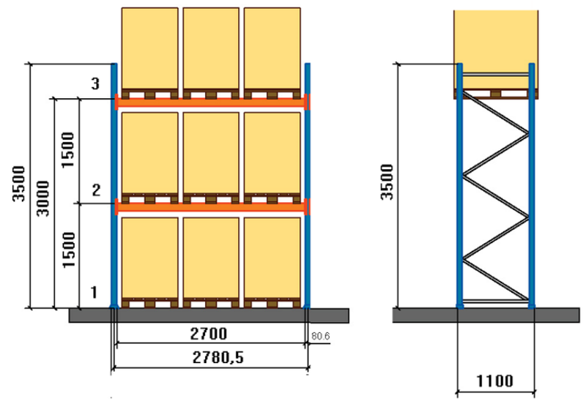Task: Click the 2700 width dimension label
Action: pos(209,333)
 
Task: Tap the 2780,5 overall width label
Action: pos(218,357)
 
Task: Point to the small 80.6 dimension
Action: pos(321,336)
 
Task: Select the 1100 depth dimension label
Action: pos(494,381)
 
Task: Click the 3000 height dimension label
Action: pos(42,198)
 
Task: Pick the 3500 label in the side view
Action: pos(387,182)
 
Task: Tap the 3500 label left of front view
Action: pos(18,184)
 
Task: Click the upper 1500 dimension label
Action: pos(68,150)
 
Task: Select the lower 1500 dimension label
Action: pos(69,250)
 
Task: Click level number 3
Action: pos(96,83)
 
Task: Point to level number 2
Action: pos(96,190)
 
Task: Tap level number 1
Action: pos(94,292)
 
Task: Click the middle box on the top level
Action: pos(211,48)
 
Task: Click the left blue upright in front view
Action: pos(114,185)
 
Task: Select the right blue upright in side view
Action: pos(532,186)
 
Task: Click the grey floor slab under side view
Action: pos(486,315)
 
